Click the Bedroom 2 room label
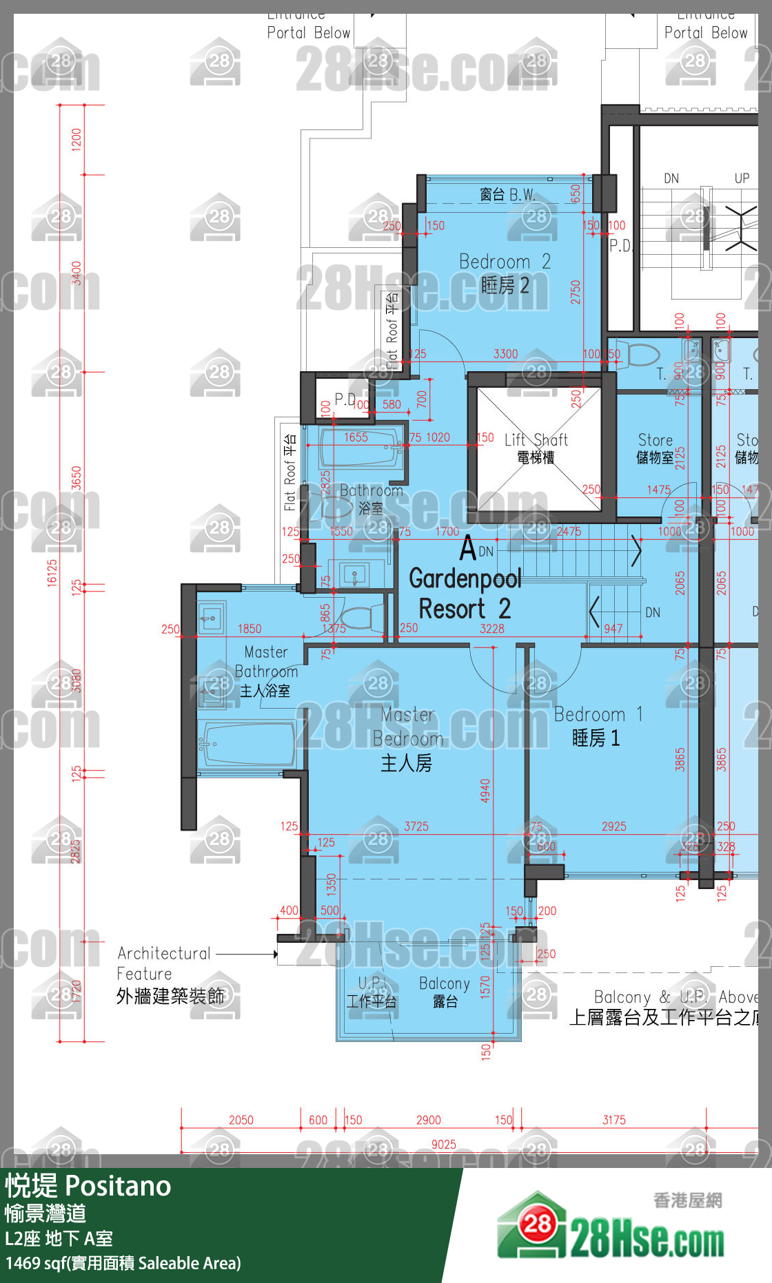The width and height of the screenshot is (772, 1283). [x=505, y=273]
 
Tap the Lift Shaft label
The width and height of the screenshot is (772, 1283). [x=536, y=448]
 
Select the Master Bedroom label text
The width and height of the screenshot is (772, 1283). [x=407, y=739]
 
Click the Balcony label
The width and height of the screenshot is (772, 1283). [x=445, y=992]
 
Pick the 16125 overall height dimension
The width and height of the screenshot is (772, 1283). [x=52, y=572]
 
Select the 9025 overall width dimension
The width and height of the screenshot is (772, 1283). [x=443, y=1145]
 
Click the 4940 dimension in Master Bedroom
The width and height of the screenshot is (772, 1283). [x=485, y=791]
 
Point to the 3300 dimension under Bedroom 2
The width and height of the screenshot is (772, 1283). [x=505, y=354]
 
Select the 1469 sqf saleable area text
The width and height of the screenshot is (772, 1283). [x=123, y=1264]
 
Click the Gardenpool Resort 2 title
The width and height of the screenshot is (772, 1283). [x=465, y=594]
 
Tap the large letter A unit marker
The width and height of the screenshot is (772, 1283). [x=468, y=549]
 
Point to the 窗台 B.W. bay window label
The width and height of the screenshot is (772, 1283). [x=507, y=195]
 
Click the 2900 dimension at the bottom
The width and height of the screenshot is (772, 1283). [x=428, y=1120]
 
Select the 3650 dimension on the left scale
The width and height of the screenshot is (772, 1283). [x=77, y=478]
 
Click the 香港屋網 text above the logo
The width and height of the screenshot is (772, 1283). [x=687, y=1201]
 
